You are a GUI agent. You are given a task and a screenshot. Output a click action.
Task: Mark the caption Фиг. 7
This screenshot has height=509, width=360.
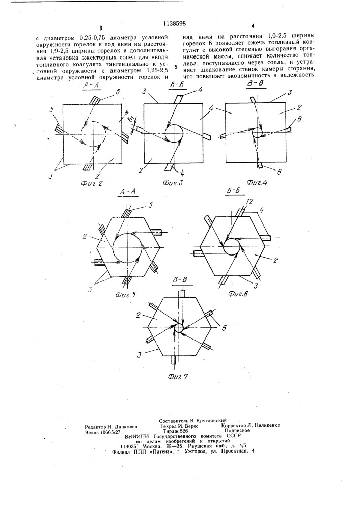(178, 377)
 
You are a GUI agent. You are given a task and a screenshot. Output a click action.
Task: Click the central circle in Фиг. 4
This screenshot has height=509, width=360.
(258, 132)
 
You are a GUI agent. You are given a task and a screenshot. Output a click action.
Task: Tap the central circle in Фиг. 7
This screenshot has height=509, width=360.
(179, 328)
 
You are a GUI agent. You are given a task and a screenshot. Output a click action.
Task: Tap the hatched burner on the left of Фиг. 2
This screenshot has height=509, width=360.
(59, 129)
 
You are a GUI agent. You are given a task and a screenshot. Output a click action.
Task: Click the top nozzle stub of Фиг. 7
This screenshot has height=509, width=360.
(183, 293)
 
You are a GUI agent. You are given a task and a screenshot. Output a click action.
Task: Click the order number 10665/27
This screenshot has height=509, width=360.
(109, 432)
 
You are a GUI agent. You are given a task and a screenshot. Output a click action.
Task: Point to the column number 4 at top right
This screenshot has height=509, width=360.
(253, 26)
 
